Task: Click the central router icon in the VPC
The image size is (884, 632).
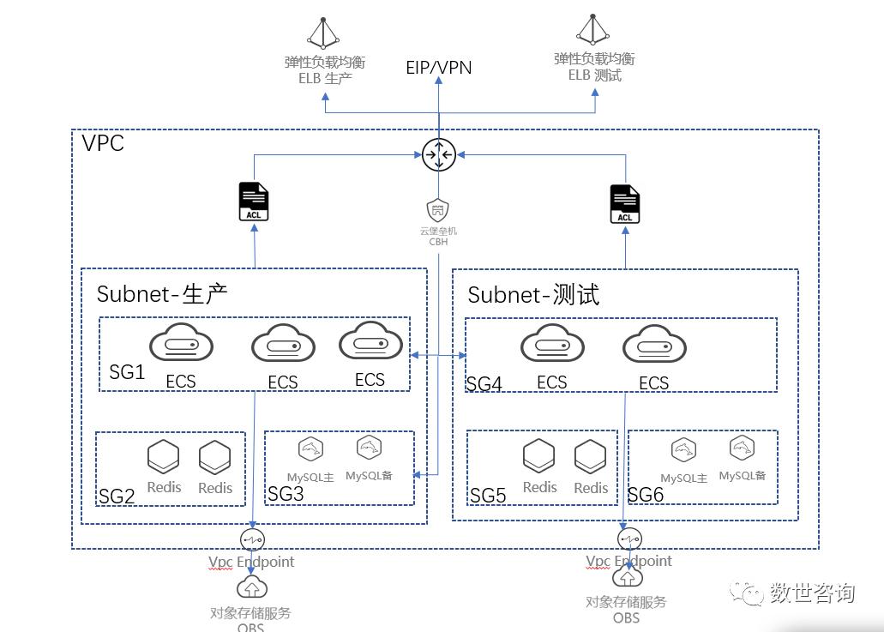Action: click(438, 154)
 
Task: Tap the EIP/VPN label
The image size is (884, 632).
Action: click(438, 67)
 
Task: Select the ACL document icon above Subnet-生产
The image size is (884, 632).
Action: click(254, 201)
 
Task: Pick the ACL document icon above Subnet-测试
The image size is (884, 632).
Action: click(625, 203)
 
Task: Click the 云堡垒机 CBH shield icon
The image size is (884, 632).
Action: click(438, 210)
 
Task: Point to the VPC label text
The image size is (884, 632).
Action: click(104, 143)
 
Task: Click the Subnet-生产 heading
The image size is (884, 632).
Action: click(161, 294)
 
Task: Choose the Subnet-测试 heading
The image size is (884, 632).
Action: click(533, 295)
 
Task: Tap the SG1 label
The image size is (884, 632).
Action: click(127, 373)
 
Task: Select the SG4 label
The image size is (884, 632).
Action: click(484, 383)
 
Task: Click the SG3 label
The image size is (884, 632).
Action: click(286, 493)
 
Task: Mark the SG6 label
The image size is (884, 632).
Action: click(646, 494)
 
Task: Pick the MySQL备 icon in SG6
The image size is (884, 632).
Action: click(742, 448)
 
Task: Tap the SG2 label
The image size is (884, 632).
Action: click(117, 496)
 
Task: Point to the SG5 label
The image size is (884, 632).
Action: click(488, 495)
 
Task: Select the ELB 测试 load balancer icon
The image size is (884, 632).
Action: click(593, 29)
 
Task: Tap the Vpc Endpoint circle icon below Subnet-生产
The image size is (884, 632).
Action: click(253, 539)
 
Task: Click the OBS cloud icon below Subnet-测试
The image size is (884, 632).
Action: click(626, 576)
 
